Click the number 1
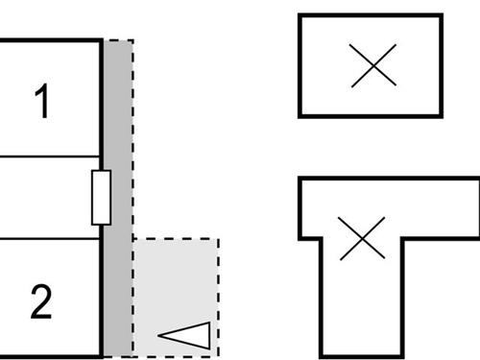[41, 103]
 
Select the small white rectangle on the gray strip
[101, 198]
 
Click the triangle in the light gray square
[186, 335]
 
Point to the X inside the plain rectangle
[372, 67]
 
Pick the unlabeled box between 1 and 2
[48, 198]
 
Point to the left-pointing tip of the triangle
[156, 336]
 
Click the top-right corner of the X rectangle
[441, 16]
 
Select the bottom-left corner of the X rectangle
[300, 115]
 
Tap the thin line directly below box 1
[48, 156]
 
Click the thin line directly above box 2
[48, 239]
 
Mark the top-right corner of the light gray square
[218, 239]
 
